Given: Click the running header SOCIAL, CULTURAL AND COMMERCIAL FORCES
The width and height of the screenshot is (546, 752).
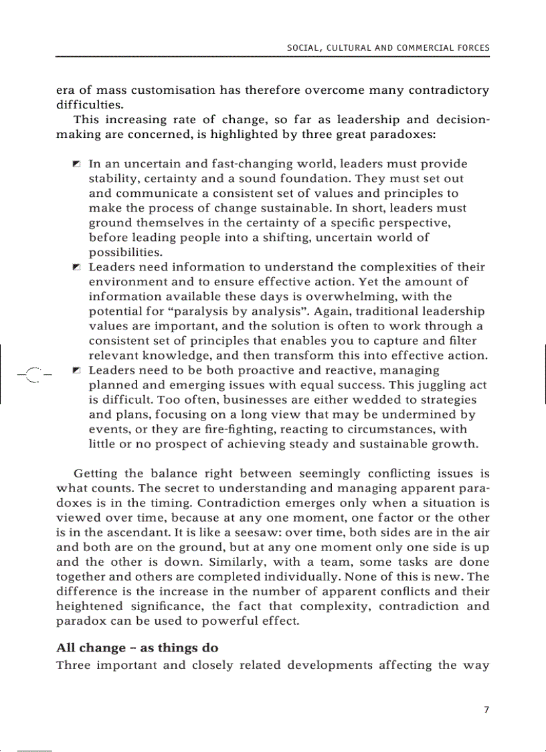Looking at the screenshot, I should pyautogui.click(x=388, y=48).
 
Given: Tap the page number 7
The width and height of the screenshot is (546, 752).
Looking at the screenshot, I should pyautogui.click(x=486, y=709).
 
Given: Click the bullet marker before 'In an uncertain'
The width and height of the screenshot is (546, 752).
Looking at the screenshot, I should pyautogui.click(x=77, y=164).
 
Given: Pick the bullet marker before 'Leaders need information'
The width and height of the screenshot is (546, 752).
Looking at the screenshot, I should pyautogui.click(x=77, y=267).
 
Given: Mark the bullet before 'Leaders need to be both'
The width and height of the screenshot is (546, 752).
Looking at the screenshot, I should pyautogui.click(x=77, y=370).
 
